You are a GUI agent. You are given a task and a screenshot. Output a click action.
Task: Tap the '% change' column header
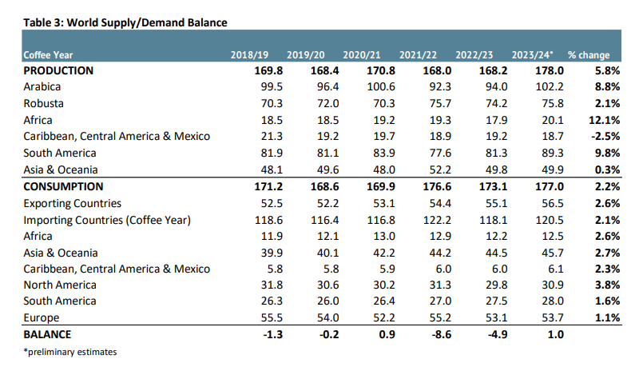pyautogui.click(x=588, y=55)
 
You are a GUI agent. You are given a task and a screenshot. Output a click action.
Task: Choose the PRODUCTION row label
pyautogui.click(x=58, y=70)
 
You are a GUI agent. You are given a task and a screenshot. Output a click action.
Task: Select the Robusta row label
pyautogui.click(x=44, y=103)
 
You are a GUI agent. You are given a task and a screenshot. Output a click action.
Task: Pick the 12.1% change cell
pyautogui.click(x=605, y=120)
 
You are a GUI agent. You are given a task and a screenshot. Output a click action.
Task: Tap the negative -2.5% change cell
pyautogui.click(x=606, y=136)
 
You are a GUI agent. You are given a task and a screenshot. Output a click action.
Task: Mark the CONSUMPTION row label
pyautogui.click(x=63, y=186)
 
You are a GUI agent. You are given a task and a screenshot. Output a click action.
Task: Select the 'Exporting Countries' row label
pyautogui.click(x=73, y=203)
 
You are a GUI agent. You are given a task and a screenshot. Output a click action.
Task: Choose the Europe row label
pyautogui.click(x=42, y=317)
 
